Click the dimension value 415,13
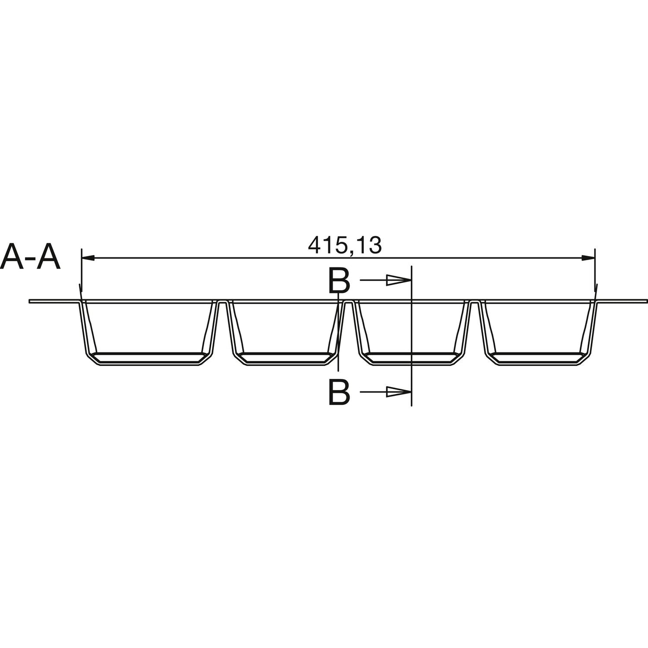coord(344,245)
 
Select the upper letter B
coord(339,282)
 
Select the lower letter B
coord(339,392)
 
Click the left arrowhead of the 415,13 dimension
coord(87,258)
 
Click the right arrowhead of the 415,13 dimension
coord(588,258)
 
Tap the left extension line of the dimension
coord(81,269)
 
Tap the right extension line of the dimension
coord(595,269)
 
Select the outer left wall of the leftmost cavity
coord(84,327)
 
